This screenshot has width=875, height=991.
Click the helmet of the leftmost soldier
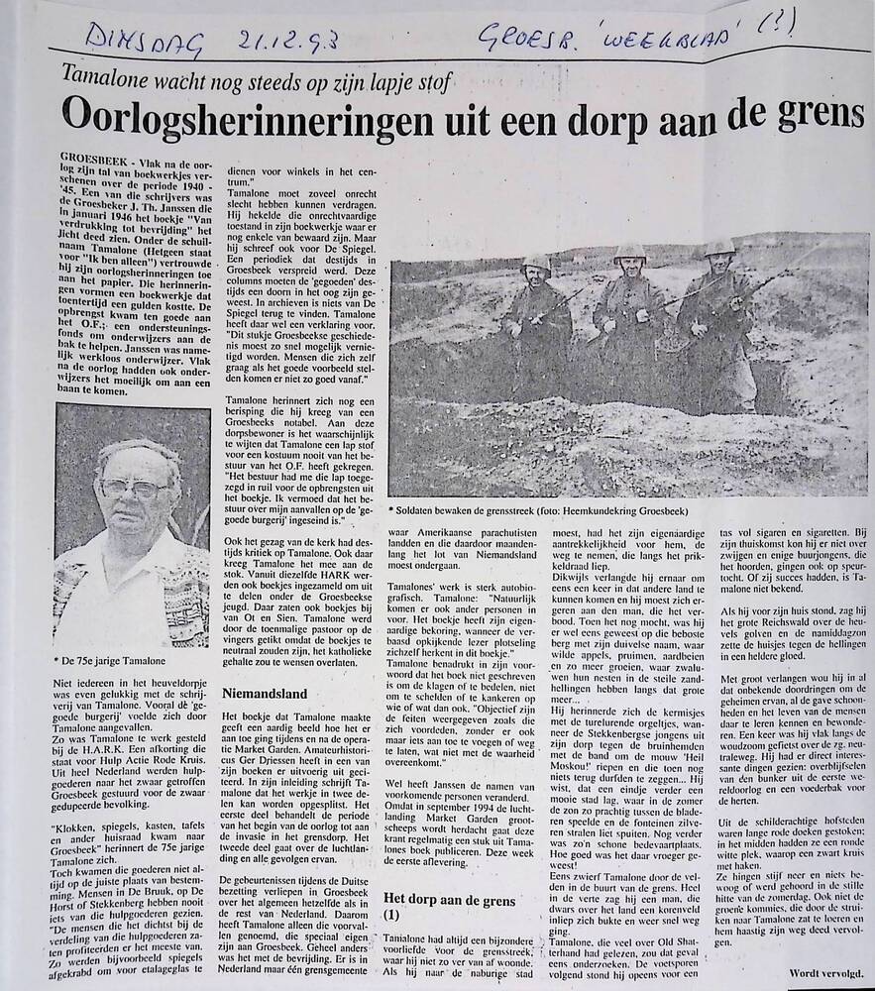coord(536,265)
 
